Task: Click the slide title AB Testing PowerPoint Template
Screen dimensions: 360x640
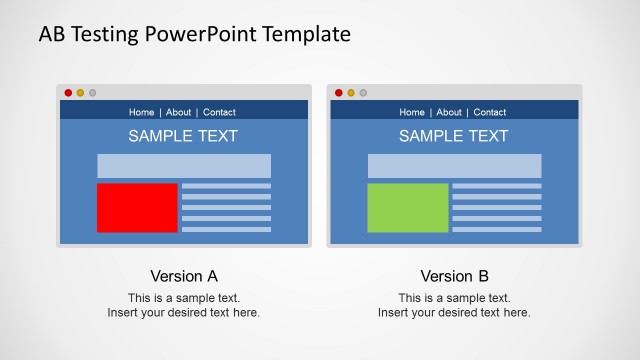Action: point(194,34)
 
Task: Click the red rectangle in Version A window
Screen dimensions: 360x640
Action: point(137,207)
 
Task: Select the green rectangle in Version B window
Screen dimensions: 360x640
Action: point(407,207)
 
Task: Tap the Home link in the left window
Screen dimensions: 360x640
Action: point(142,112)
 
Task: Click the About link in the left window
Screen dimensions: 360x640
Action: point(178,112)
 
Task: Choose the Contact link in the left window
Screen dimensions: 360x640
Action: point(219,112)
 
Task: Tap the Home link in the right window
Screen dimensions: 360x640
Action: point(412,112)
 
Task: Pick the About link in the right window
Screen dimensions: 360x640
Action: point(449,112)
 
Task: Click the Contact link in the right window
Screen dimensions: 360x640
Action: point(490,112)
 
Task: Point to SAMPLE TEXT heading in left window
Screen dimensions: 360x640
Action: point(183,136)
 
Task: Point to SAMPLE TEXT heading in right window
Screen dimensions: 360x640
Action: point(453,136)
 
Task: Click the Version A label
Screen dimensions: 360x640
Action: point(184,276)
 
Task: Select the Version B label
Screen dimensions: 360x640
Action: point(454,276)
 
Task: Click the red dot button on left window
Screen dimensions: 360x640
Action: point(68,93)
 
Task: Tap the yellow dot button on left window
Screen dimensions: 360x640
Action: point(80,93)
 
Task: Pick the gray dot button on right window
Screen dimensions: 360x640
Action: point(363,93)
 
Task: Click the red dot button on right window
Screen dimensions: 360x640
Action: point(339,93)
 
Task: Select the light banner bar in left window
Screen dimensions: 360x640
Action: point(183,166)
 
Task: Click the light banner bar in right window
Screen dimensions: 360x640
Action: point(454,166)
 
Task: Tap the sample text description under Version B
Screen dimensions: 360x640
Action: point(454,305)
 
